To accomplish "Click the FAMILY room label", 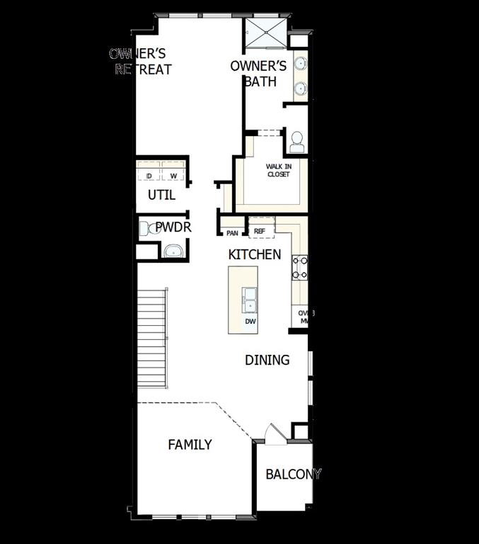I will pos(190,445).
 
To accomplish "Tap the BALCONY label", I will pos(294,474).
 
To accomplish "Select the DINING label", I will pos(267,360).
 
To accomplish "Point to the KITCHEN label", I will pos(254,254).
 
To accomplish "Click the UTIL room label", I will pos(161,195).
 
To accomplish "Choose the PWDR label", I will pos(173,227).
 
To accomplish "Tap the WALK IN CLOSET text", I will pos(278,171).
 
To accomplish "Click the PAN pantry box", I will pos(232,232).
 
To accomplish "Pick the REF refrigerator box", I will pos(260,231).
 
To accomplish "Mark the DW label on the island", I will pos(250,321).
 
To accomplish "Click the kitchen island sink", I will pos(250,300).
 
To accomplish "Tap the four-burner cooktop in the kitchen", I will pos(300,267).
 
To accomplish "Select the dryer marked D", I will pos(149,176).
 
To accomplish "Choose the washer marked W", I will pos(173,176).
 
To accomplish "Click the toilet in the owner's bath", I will pos(296,142).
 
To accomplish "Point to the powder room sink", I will pos(173,250).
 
